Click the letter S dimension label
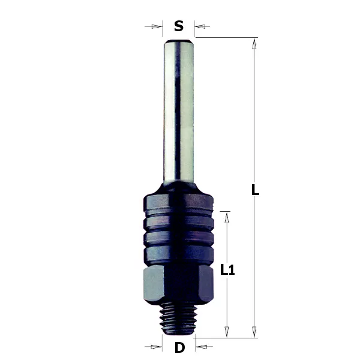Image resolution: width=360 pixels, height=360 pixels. point(179,26)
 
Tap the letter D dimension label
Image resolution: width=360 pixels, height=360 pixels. point(179,347)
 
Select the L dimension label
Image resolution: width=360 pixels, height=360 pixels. point(255,190)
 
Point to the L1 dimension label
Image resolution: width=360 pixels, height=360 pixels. point(227,269)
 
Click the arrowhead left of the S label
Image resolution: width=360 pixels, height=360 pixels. point(157,26)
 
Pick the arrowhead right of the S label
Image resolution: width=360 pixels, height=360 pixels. point(200,26)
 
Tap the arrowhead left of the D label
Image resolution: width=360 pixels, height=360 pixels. point(156,347)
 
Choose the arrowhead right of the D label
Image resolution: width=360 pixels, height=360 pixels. point(202,347)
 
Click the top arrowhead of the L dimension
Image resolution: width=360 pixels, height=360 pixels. point(254,44)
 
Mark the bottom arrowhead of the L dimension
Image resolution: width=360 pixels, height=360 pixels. point(254,332)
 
